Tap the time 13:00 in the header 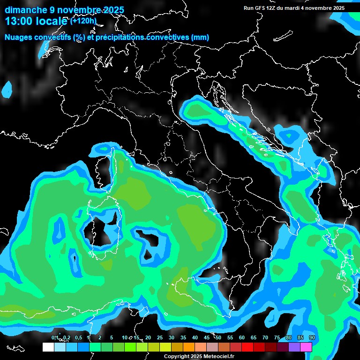pyautogui.click(x=21, y=21)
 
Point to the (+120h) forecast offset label pyautogui.click(x=83, y=21)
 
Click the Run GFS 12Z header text pyautogui.click(x=264, y=8)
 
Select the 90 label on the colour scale pyautogui.click(x=312, y=337)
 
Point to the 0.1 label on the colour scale pyautogui.click(x=54, y=337)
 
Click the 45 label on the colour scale pyautogui.click(x=207, y=337)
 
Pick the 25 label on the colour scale pyautogui.click(x=160, y=337)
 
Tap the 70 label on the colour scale pyautogui.click(x=265, y=337)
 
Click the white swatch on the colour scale pyautogui.click(x=48, y=347)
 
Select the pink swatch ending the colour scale pyautogui.click(x=306, y=347)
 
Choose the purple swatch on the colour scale pyautogui.click(x=294, y=347)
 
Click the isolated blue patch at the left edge pyautogui.click(x=7, y=90)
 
